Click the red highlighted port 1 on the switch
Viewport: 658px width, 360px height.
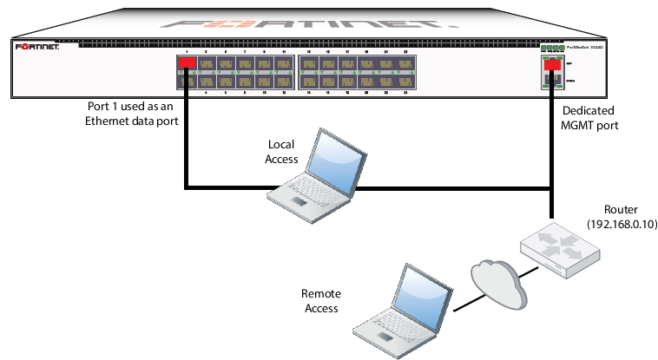[187, 62]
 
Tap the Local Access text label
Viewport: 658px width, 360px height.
[283, 152]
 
